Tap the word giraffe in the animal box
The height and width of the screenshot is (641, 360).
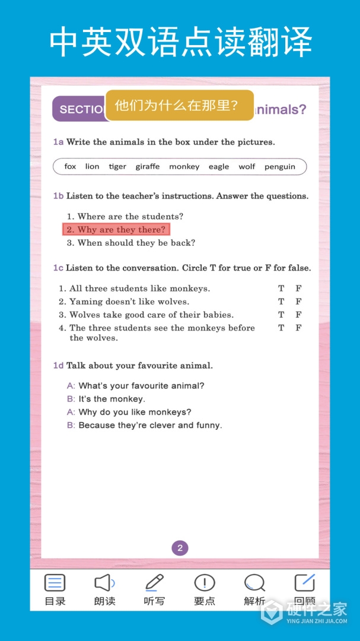coord(147,167)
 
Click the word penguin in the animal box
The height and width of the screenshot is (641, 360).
coord(280,167)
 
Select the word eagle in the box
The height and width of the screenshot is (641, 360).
coord(218,167)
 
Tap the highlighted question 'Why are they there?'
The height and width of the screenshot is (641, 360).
coord(116,230)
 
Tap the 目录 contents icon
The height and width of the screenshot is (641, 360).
coord(55,584)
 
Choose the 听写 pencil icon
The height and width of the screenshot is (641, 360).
coord(154,584)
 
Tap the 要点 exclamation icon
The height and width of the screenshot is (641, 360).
coord(205,584)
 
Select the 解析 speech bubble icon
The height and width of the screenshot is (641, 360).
coord(254,584)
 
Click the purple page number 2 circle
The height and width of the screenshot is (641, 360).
coord(180,548)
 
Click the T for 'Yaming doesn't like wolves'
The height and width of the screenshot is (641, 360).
coord(281,302)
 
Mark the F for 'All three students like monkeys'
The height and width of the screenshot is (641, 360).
coord(299,288)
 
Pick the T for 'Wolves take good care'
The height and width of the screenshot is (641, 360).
coord(281,315)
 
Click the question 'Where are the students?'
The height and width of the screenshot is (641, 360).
coord(125,217)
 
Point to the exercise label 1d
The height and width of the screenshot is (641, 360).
coord(58,366)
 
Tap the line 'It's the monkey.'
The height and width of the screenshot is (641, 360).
coord(111,399)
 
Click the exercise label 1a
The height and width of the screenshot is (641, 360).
coord(58,142)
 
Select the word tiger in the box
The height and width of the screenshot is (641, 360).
coord(117,167)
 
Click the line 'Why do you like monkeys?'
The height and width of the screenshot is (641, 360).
coord(135,412)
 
